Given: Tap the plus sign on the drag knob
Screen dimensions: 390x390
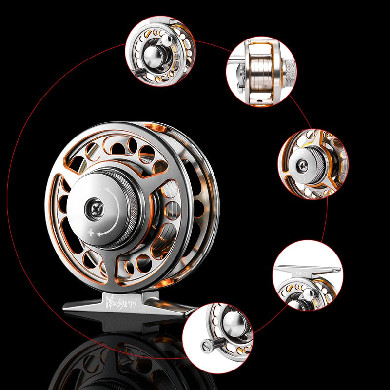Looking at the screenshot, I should click(91, 233).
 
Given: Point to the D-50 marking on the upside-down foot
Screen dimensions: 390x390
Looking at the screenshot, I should click(302, 273).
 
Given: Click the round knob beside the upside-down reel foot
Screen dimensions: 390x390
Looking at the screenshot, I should click(308, 294).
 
